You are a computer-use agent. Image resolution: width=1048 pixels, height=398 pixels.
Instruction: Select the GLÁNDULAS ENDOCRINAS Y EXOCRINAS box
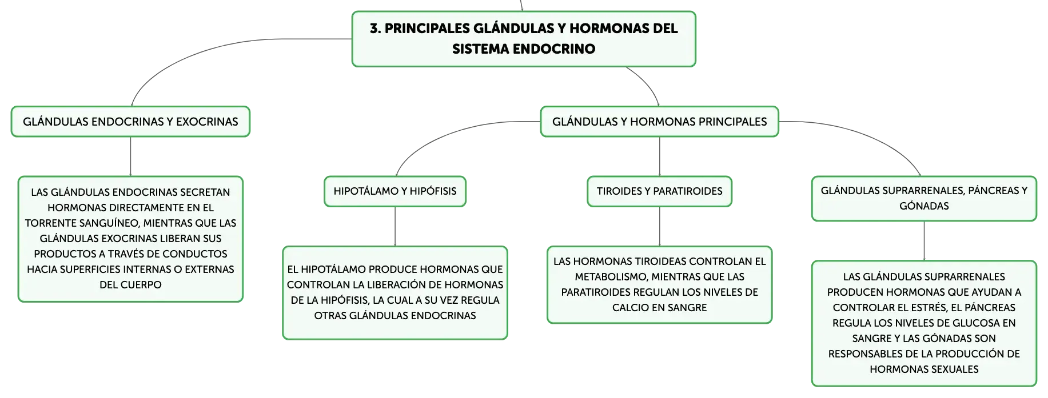pos(130,122)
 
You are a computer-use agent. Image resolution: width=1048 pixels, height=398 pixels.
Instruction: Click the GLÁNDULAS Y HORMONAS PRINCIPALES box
pos(660,122)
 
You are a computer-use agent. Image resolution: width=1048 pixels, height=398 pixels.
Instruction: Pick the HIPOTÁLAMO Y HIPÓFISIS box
pos(395,191)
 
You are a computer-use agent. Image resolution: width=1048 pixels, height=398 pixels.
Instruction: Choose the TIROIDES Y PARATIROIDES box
pos(660,191)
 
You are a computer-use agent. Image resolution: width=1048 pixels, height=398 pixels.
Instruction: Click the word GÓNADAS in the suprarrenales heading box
pos(924,206)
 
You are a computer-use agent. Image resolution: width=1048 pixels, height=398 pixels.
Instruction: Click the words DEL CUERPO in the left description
pos(130,285)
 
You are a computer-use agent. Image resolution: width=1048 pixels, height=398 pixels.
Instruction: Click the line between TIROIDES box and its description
pos(660,227)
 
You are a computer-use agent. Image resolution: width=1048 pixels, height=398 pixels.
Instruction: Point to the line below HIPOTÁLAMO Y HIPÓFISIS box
pos(395,227)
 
